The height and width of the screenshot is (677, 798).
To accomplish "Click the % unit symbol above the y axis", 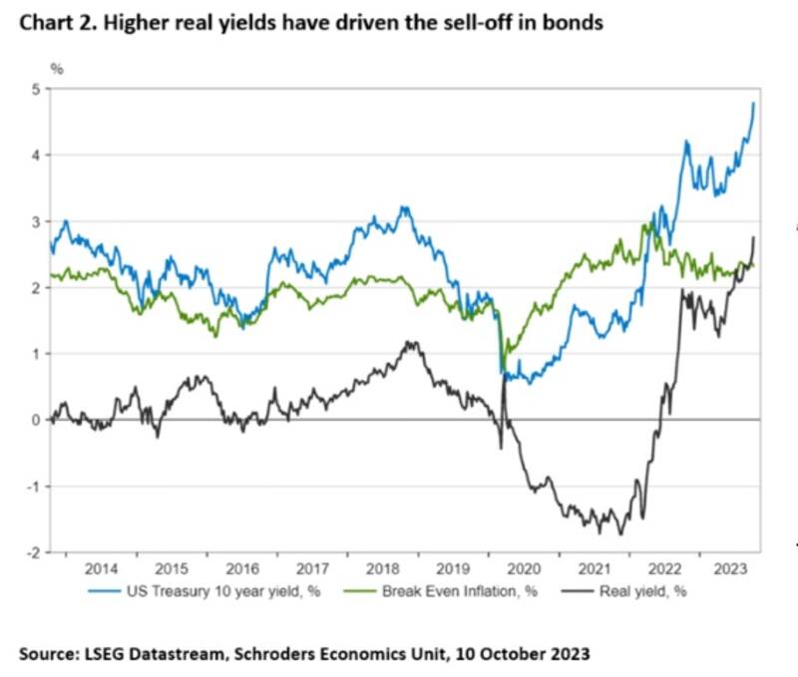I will click(58, 68).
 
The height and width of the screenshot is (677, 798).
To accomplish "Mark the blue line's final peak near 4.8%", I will click(753, 103).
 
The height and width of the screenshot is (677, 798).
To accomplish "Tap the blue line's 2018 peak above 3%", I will click(403, 207).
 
